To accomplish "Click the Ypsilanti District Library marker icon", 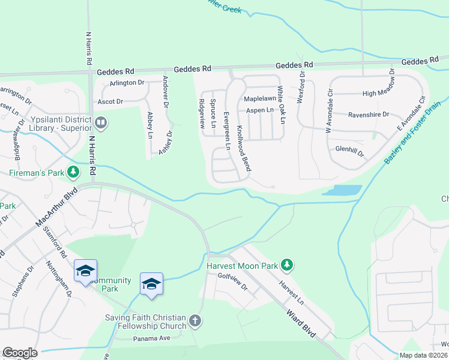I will (x=101, y=124).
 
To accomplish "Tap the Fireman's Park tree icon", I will (x=74, y=173).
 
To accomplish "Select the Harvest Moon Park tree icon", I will (x=287, y=265).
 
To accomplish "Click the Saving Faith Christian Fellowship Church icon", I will (x=195, y=321).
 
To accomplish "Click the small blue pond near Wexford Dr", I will (x=342, y=190).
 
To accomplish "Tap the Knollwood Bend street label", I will (x=243, y=148).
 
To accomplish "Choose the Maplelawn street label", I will (x=259, y=98).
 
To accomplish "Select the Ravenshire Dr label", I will (x=369, y=114).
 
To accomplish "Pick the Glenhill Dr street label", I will (x=349, y=151).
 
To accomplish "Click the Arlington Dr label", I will (x=127, y=83).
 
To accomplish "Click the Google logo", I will (x=19, y=353).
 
